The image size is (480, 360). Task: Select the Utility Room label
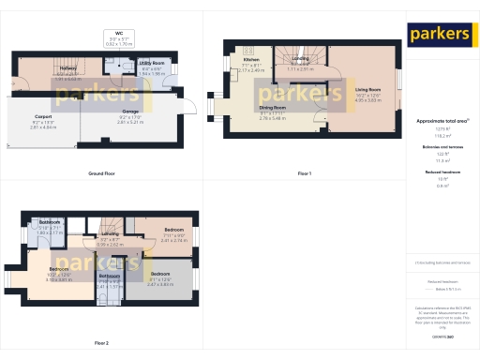pyautogui.click(x=126, y=65)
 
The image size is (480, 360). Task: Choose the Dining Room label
pyautogui.click(x=272, y=108)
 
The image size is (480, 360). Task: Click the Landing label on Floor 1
pyautogui.click(x=300, y=58)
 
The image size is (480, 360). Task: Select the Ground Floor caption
pyautogui.click(x=101, y=174)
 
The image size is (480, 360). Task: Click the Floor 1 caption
pyautogui.click(x=304, y=174)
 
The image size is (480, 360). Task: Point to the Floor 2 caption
pyautogui.click(x=101, y=344)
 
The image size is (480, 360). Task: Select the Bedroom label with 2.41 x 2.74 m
pyautogui.click(x=174, y=229)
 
